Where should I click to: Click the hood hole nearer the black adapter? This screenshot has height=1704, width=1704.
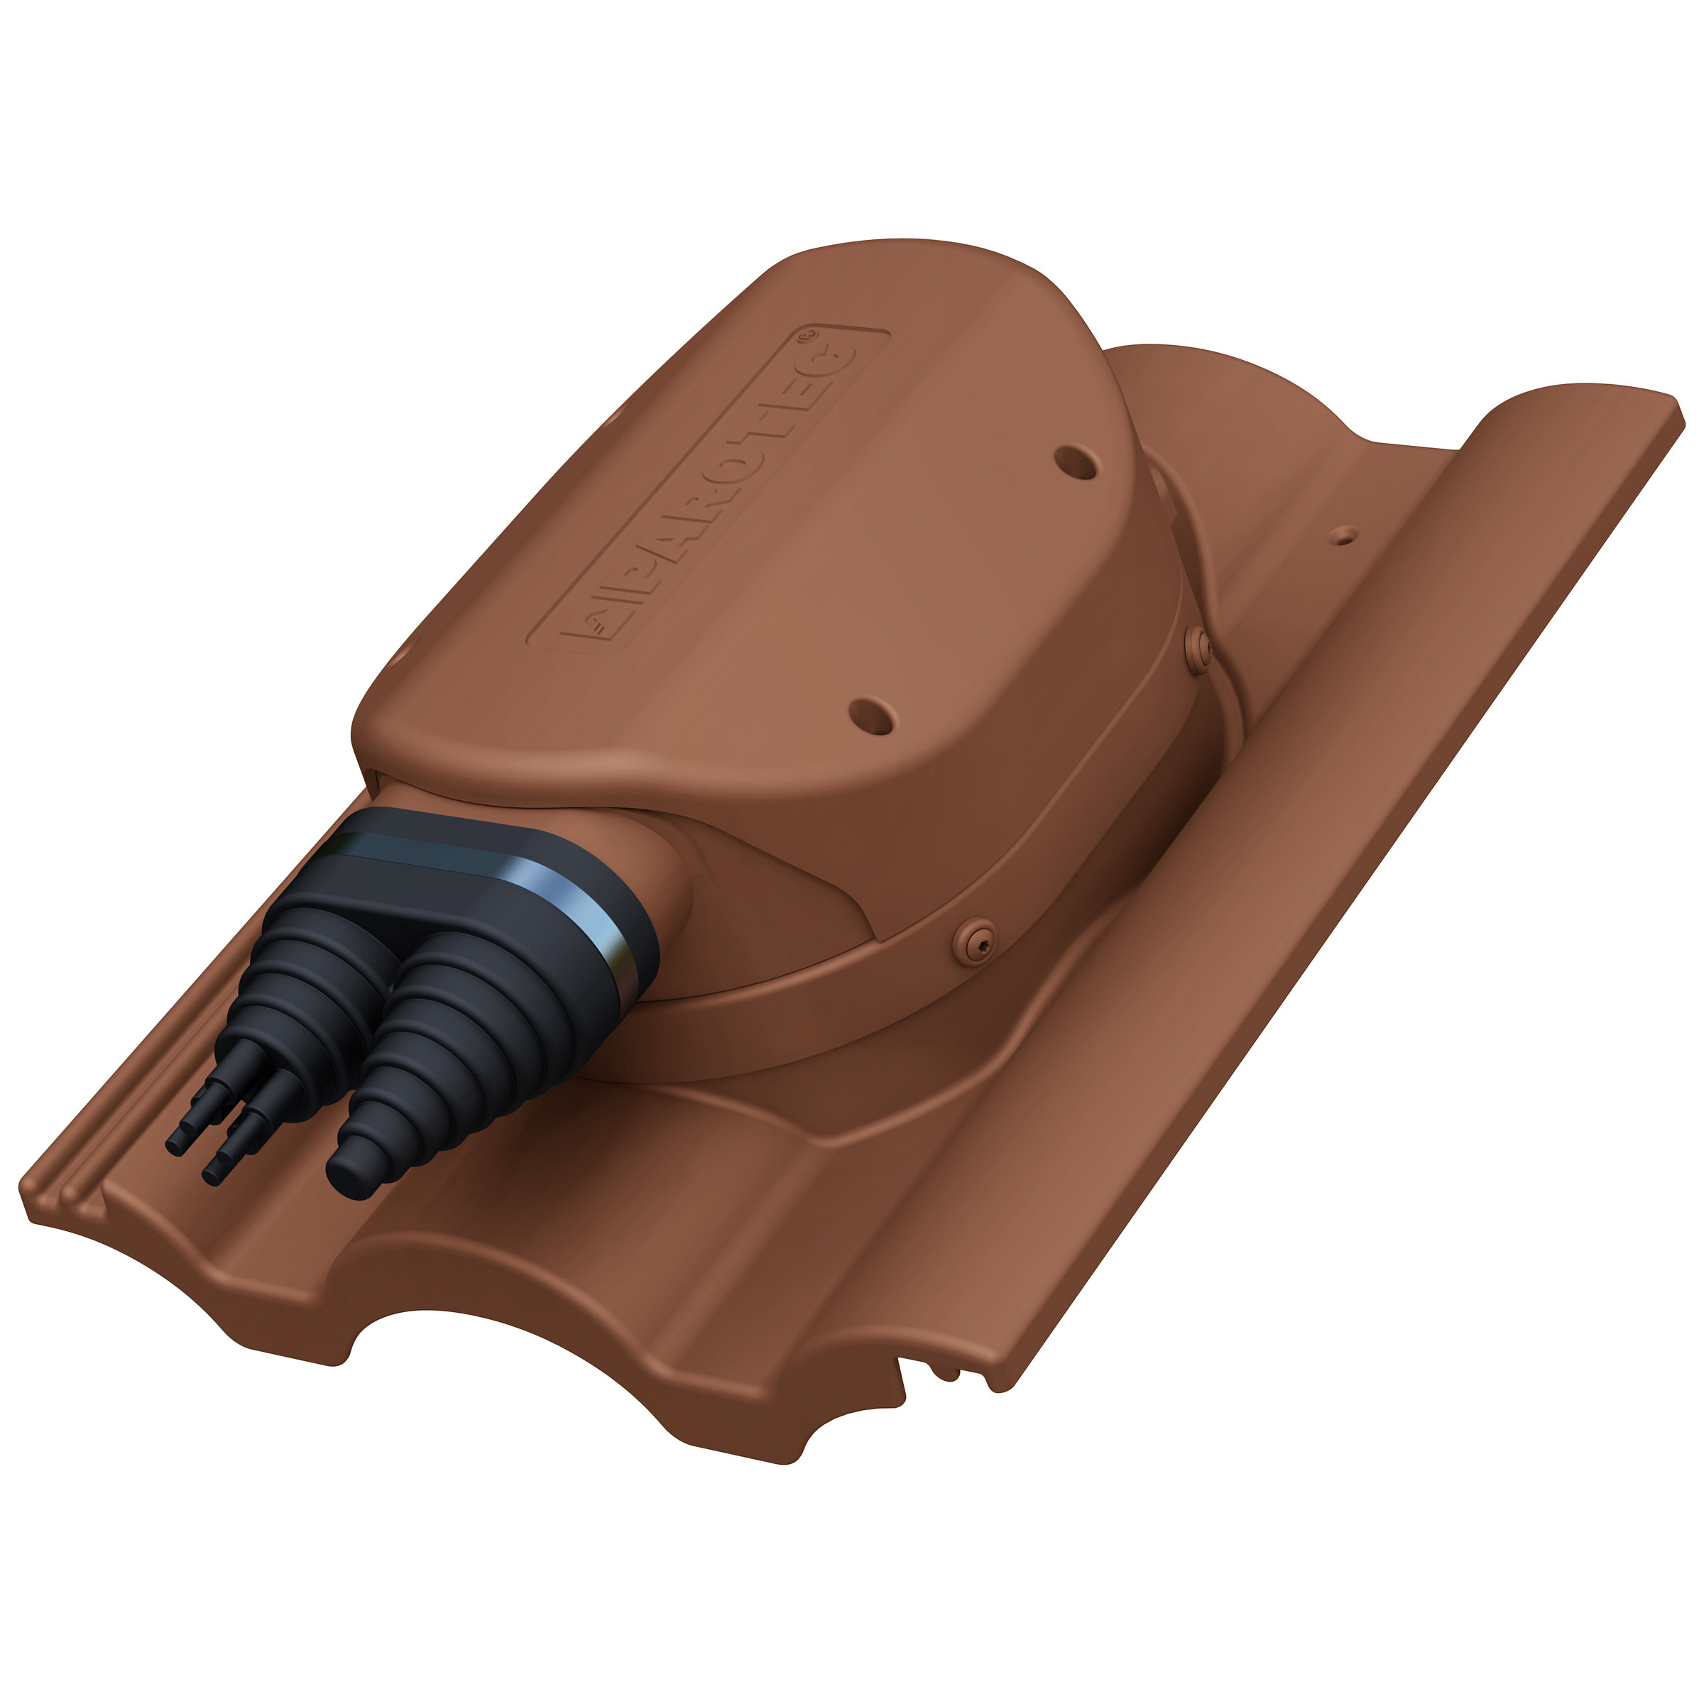pos(870,717)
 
